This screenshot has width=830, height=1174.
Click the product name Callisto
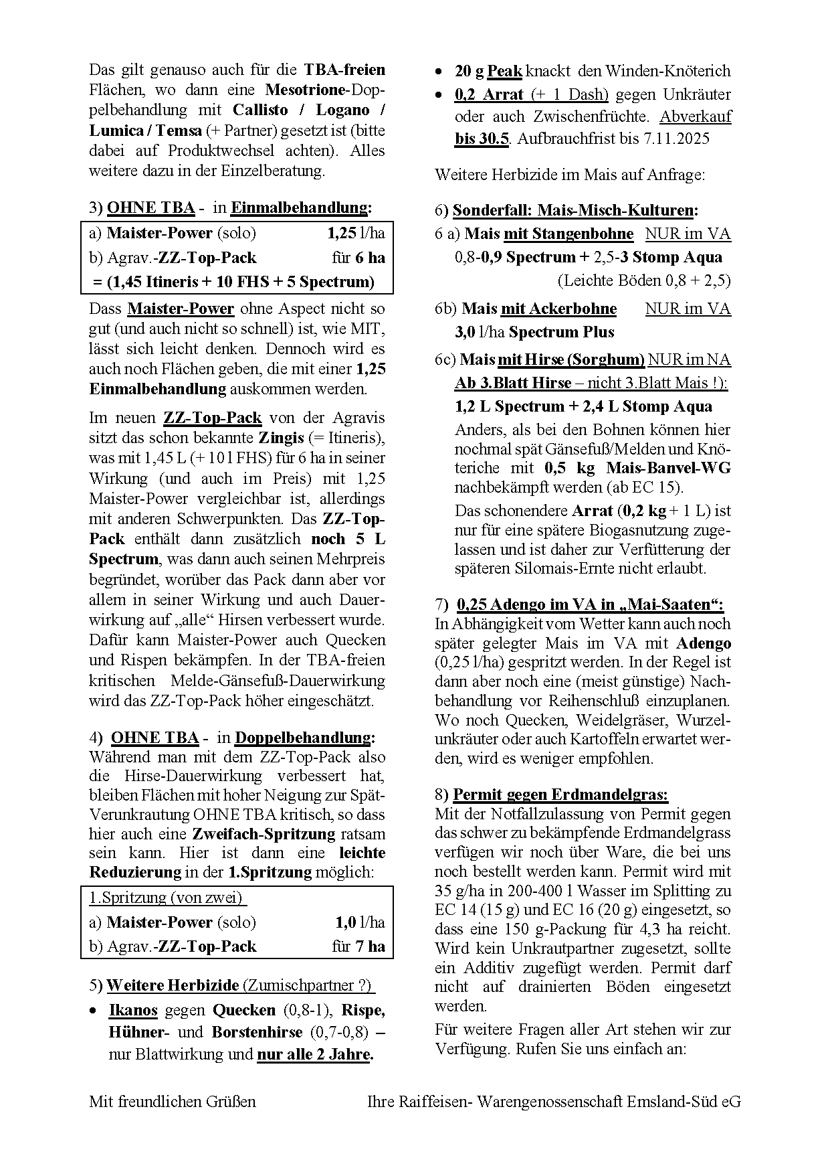click(x=260, y=110)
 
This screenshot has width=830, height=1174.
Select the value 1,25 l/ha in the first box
click(x=356, y=233)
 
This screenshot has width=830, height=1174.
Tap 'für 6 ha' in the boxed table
click(x=358, y=258)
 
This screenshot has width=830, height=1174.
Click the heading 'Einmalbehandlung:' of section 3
click(x=301, y=207)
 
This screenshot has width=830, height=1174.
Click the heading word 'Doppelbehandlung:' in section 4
click(x=305, y=738)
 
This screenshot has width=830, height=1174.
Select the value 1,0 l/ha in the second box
click(x=360, y=922)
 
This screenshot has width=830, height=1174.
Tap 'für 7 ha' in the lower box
click(x=358, y=946)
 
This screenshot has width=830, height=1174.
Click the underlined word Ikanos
click(x=133, y=1010)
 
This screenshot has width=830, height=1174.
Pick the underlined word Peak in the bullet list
click(x=504, y=71)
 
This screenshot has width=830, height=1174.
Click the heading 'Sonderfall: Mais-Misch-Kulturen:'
click(x=575, y=210)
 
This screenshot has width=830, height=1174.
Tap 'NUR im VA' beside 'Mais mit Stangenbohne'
click(x=688, y=234)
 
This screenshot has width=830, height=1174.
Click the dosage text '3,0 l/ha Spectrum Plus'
click(x=534, y=332)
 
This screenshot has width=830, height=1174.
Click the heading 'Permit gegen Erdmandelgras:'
click(x=560, y=795)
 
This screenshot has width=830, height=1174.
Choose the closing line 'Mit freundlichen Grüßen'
click(x=173, y=1102)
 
